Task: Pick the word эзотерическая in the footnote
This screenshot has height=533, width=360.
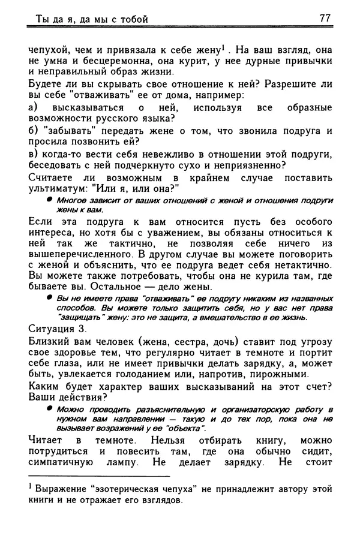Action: pyautogui.click(x=120, y=489)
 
